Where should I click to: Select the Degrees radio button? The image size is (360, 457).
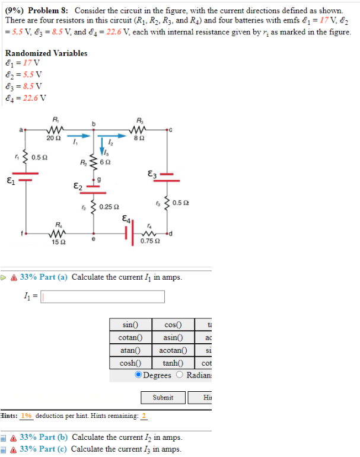(138, 375)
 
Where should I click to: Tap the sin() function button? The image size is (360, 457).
(129, 325)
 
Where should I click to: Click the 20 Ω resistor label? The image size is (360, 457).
(54, 138)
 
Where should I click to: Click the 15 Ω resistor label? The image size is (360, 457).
(58, 242)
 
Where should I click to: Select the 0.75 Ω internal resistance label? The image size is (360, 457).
(149, 241)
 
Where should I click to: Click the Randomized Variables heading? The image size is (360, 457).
(46, 53)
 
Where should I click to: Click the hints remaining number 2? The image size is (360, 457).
(144, 416)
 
